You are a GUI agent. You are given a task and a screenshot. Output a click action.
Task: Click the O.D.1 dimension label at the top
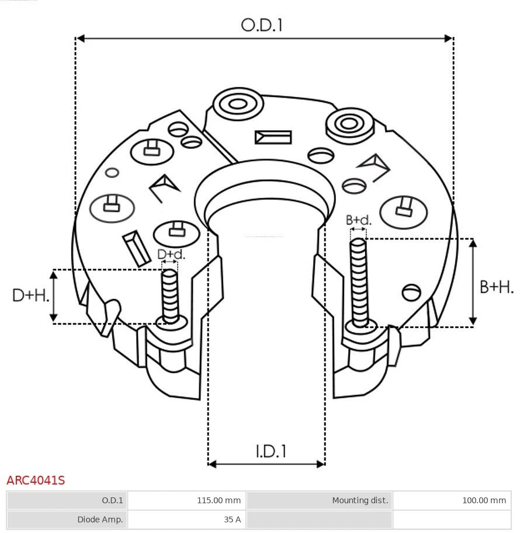pos(262,25)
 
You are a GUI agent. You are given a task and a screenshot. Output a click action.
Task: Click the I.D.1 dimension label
pos(271,451)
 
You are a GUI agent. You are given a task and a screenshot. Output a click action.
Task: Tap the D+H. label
pos(30,295)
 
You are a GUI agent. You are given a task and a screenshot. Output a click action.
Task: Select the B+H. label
pos(497,287)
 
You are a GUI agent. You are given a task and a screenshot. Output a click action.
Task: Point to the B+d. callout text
pos(358,220)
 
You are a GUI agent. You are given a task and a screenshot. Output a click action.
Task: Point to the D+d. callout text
pos(171,255)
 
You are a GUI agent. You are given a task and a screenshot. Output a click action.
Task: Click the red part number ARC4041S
pos(36,480)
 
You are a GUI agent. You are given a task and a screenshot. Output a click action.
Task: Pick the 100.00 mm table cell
pos(451,500)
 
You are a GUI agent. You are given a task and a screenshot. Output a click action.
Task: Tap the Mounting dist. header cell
pos(319,500)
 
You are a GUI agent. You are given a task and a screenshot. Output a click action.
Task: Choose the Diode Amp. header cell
pos(67,519)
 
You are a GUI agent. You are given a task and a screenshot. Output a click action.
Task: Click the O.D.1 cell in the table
pos(67,500)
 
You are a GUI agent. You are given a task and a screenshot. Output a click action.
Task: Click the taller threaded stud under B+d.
pos(359,280)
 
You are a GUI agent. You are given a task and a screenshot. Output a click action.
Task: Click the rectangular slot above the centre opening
pos(273,137)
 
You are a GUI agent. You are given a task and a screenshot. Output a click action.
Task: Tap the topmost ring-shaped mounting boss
pos(238,105)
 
